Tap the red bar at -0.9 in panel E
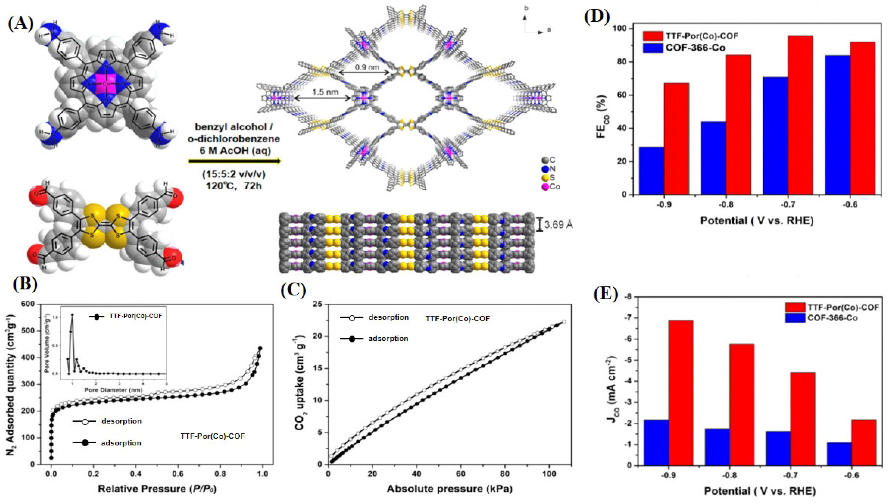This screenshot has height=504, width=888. (680, 393)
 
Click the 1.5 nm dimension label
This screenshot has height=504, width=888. (325, 92)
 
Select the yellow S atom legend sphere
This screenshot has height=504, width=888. (545, 178)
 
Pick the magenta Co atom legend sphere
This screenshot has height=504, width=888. (545, 187)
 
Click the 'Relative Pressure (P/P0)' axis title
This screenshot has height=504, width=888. (158, 489)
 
